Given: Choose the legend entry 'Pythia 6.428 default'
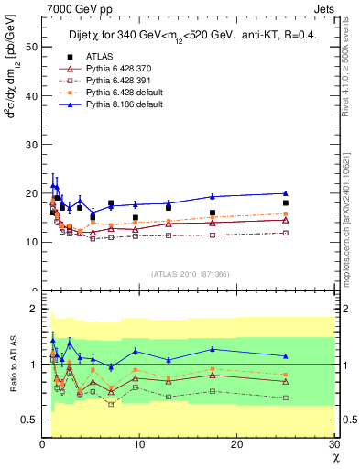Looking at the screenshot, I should [121, 93].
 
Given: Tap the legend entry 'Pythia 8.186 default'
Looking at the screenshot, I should [121, 104].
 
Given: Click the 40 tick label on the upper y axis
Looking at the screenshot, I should [30, 95].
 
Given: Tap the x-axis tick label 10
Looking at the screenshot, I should [139, 444].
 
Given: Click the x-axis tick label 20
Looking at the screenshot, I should [237, 444].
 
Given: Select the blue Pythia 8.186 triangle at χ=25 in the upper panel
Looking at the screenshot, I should [286, 193].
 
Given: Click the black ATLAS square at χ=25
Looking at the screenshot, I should [286, 202].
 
